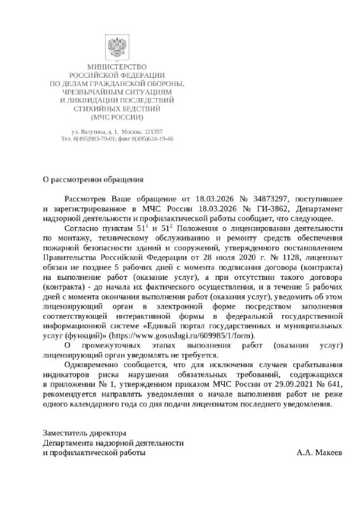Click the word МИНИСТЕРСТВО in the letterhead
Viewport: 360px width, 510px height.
117,68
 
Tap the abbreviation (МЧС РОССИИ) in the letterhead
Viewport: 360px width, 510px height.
117,117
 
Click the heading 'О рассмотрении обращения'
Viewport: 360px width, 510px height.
92,180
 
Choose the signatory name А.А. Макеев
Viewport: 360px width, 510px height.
319,452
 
